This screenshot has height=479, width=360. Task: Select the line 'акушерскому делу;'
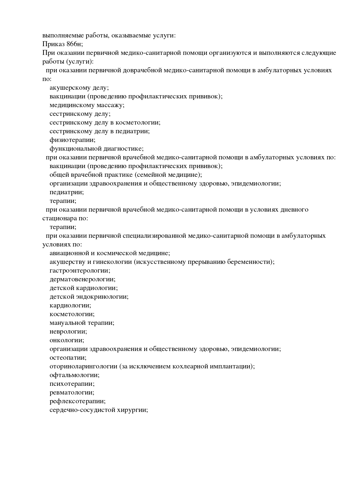tap(79, 88)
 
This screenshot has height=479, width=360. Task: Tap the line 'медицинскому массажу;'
tap(87, 105)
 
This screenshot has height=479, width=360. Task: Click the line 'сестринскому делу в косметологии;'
tap(105, 123)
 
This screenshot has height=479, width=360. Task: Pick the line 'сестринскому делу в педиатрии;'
tap(100, 131)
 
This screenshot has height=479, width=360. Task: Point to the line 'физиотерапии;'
tap(73, 140)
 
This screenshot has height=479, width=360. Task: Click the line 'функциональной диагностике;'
tap(97, 149)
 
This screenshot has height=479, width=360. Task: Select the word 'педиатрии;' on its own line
tap(67, 192)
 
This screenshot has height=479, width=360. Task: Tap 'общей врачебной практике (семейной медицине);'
tap(126, 175)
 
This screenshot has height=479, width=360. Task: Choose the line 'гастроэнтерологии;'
tap(80, 271)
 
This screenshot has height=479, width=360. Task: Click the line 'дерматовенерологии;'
tap(82, 279)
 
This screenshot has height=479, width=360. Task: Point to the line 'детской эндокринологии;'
tap(89, 297)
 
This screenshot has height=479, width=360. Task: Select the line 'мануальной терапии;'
tap(82, 323)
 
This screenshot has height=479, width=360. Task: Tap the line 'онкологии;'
tap(67, 340)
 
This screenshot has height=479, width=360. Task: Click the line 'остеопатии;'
tap(68, 358)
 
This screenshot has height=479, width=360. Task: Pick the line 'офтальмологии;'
tap(74, 375)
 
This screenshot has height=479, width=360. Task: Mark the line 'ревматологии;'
tap(72, 392)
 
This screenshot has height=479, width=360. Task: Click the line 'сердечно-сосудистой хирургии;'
tap(99, 410)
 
